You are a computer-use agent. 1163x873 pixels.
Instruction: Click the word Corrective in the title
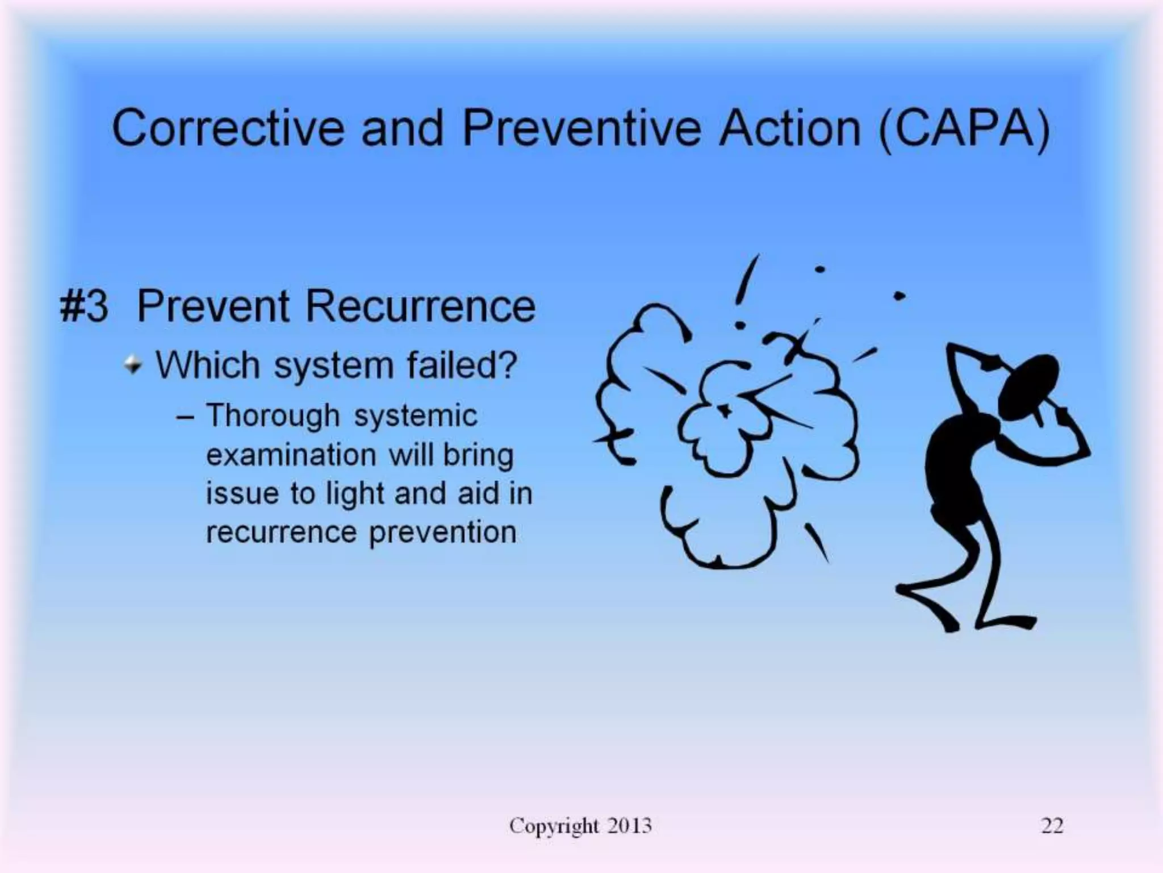[x=228, y=128]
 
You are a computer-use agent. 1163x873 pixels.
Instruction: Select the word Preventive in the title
[x=583, y=128]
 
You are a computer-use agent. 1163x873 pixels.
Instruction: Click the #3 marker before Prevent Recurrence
[x=83, y=307]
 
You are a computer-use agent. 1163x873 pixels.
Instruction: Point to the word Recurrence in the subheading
[x=420, y=307]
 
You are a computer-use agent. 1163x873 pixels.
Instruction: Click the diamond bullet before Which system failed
[x=133, y=364]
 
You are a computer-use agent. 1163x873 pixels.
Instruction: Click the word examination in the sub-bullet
[x=291, y=455]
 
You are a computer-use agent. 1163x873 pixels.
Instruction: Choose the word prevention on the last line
[x=442, y=533]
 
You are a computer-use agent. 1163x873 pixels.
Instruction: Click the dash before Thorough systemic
[x=185, y=417]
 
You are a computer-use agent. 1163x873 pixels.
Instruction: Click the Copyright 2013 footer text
[x=580, y=825]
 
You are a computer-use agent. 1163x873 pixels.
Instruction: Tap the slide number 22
[x=1052, y=825]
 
